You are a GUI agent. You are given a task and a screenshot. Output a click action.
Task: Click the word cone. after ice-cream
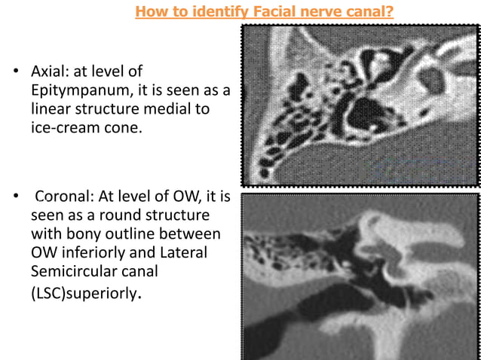pos(120,128)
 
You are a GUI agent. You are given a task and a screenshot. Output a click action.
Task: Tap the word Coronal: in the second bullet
pos(63,199)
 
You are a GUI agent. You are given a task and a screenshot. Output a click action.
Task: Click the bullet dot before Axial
pos(14,73)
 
